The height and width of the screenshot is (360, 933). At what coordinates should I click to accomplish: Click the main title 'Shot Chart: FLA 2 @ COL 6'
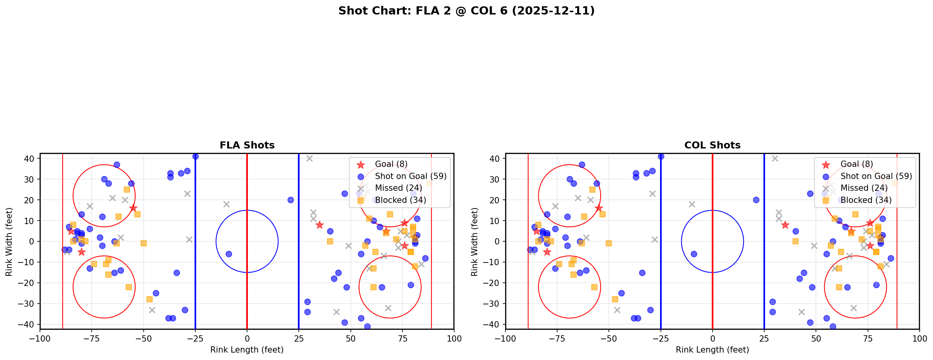pyautogui.click(x=466, y=11)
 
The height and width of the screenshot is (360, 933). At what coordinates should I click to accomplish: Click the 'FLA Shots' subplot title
pyautogui.click(x=247, y=145)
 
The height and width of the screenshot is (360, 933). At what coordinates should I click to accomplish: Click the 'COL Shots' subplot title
pyautogui.click(x=712, y=145)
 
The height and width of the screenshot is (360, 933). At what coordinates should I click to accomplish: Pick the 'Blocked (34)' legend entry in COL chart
pyautogui.click(x=866, y=200)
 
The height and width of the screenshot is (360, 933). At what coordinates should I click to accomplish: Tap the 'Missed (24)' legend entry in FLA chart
pyautogui.click(x=398, y=188)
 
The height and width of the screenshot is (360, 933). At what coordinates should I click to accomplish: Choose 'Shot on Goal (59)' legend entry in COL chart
pyautogui.click(x=876, y=176)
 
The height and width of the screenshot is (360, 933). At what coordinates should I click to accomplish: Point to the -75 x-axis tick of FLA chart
pyautogui.click(x=92, y=338)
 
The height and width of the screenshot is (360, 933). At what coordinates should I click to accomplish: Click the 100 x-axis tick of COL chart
pyautogui.click(x=919, y=338)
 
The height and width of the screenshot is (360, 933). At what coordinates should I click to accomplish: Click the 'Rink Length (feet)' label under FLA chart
pyautogui.click(x=247, y=350)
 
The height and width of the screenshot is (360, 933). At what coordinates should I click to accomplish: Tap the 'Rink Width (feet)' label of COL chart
pyautogui.click(x=475, y=242)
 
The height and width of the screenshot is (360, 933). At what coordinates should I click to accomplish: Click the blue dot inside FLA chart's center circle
pyautogui.click(x=229, y=254)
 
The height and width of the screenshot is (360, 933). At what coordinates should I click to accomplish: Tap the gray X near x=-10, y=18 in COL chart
pyautogui.click(x=692, y=204)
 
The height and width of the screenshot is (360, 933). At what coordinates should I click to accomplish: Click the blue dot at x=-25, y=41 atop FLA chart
pyautogui.click(x=195, y=156)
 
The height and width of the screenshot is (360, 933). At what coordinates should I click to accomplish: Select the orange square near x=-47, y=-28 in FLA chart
pyautogui.click(x=150, y=299)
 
